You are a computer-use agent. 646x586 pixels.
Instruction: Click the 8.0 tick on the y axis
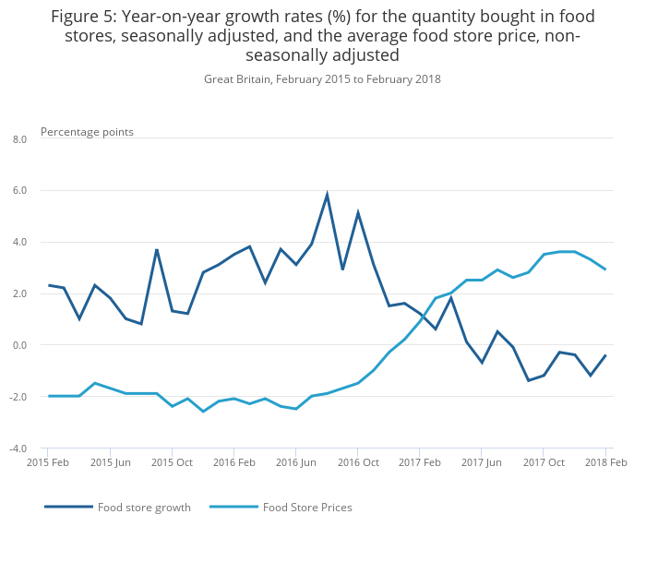pos(19,139)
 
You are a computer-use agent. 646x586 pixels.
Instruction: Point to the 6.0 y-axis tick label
pos(19,191)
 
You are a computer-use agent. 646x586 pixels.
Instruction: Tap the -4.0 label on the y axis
pos(18,449)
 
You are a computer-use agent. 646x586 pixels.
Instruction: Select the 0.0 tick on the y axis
pos(19,345)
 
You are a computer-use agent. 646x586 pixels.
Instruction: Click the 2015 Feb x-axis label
pos(49,462)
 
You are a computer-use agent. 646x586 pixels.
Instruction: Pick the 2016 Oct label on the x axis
pos(358,462)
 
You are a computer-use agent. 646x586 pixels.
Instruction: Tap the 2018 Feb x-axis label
pos(605,462)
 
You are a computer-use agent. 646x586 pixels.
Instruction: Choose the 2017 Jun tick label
pos(482,462)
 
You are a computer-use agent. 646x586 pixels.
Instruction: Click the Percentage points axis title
pos(87,132)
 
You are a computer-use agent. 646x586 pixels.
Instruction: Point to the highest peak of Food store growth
pos(327,195)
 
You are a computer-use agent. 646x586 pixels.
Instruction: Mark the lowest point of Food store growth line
pos(528,380)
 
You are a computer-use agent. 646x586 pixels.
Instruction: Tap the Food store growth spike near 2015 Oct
pos(157,249)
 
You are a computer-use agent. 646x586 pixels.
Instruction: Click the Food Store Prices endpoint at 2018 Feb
pos(605,269)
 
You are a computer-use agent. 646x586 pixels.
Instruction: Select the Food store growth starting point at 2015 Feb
pos(49,285)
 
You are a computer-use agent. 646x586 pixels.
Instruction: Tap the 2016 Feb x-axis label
pos(234,462)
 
